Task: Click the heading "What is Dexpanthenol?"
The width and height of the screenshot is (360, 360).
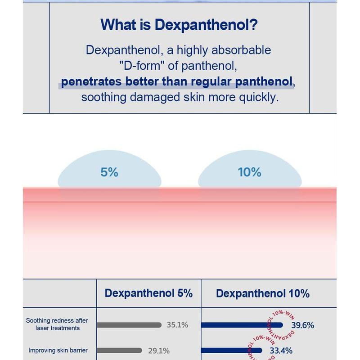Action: tap(179, 24)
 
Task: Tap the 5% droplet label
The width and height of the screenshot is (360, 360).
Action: tap(109, 172)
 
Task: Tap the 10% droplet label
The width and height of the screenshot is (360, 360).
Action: tap(249, 172)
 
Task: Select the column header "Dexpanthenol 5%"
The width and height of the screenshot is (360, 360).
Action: tap(148, 293)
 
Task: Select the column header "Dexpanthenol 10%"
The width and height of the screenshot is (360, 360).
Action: tap(263, 293)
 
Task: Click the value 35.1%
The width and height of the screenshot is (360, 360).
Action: tap(177, 324)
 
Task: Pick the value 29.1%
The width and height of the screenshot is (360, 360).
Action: tap(158, 350)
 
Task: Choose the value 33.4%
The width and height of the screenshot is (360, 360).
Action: tap(281, 351)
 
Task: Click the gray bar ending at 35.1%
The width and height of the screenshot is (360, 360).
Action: tap(129, 324)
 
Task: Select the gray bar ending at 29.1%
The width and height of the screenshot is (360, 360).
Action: tap(119, 350)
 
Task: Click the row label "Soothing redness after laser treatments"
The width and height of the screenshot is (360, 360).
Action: tap(57, 324)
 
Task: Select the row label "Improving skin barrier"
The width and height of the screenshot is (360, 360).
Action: tap(58, 350)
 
